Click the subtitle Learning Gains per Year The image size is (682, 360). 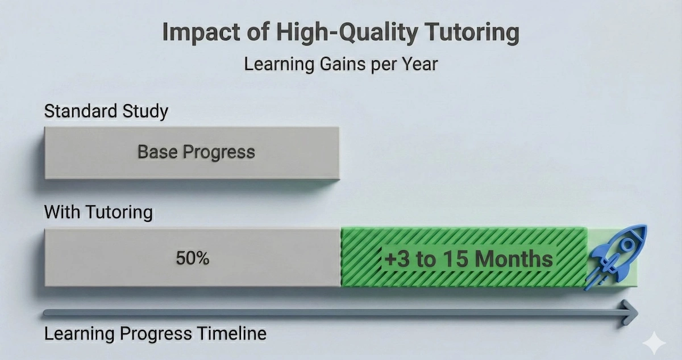point(341,64)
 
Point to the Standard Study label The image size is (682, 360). point(106,110)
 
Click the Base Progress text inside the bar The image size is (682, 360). point(196,152)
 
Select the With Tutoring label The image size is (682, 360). point(98,213)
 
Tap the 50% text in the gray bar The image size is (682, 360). point(193,258)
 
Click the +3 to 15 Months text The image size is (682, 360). point(468,259)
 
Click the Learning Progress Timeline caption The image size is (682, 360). point(155,333)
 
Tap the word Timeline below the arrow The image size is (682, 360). point(231,333)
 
